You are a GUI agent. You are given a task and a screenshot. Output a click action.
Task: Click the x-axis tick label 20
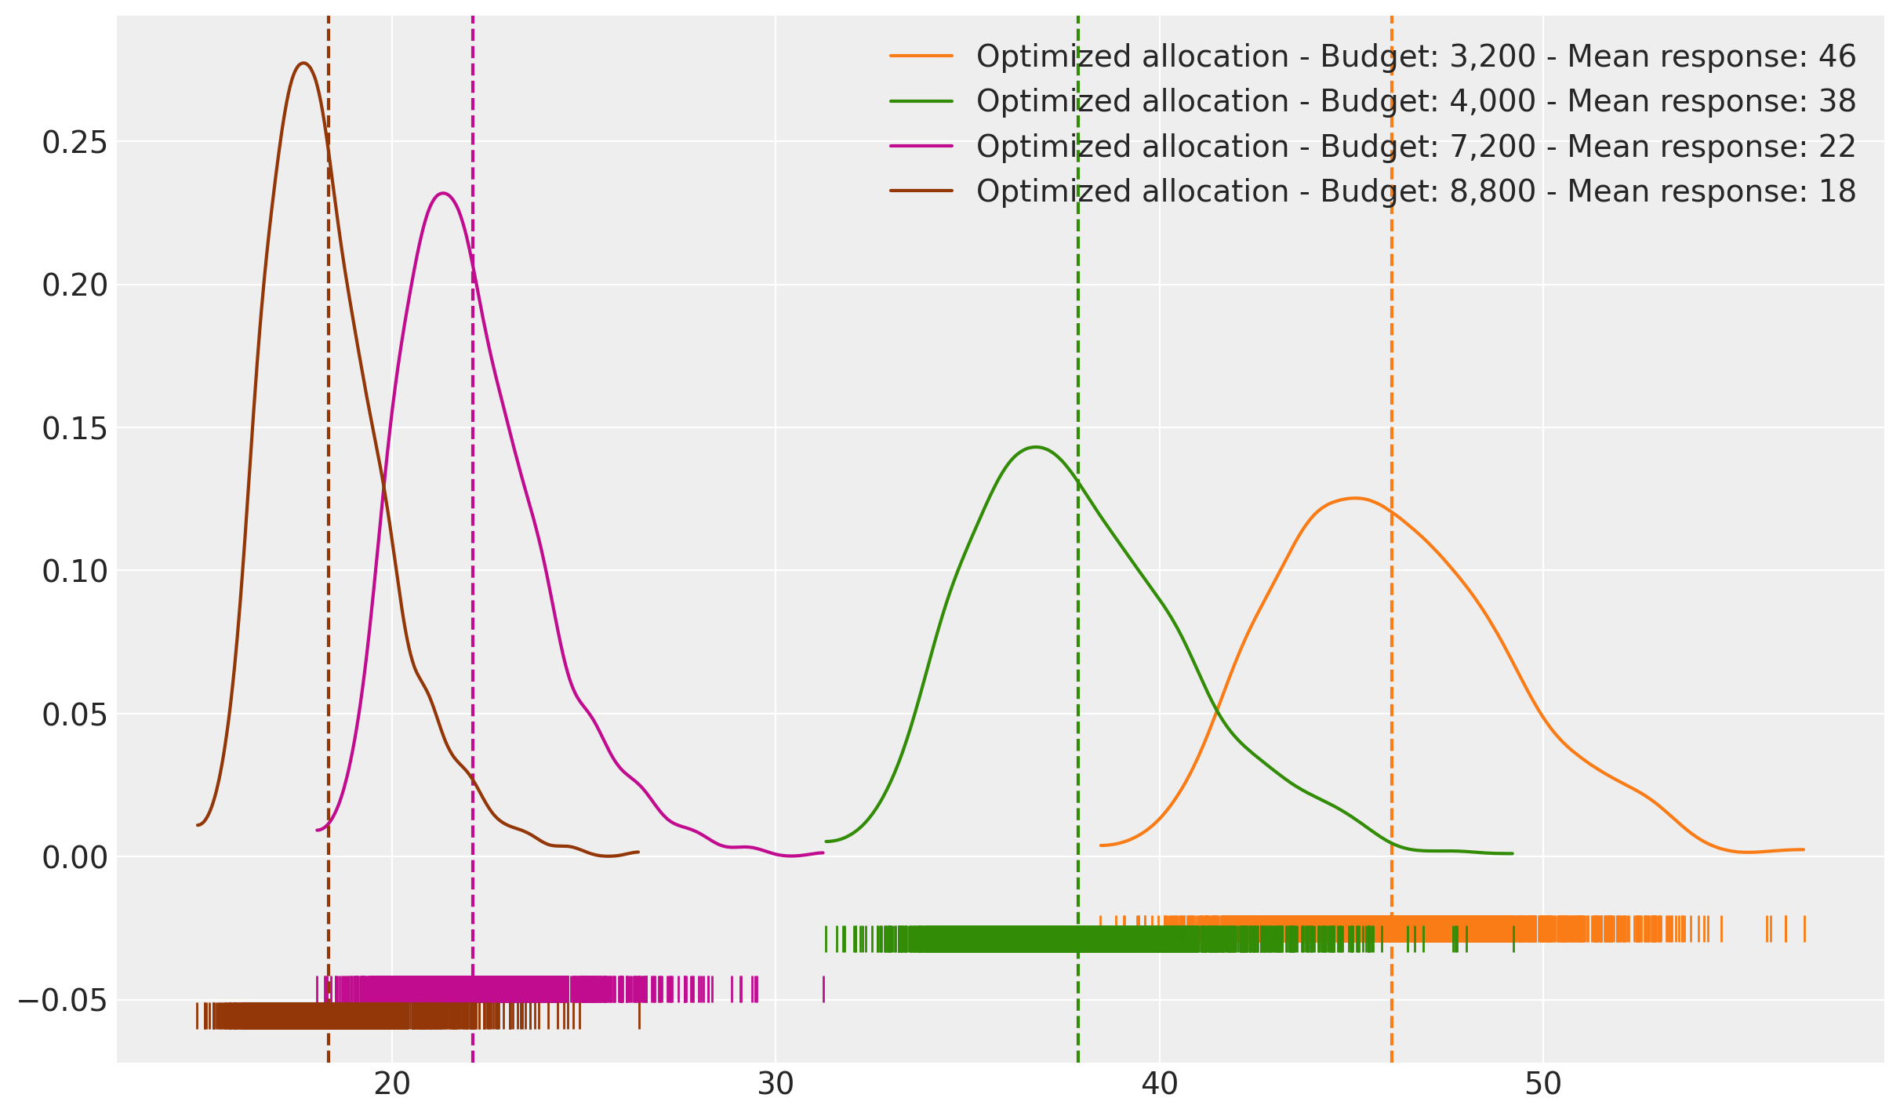[392, 1085]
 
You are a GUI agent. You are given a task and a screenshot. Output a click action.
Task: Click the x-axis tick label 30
[776, 1085]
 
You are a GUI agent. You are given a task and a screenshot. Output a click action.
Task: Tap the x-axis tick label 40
[1159, 1085]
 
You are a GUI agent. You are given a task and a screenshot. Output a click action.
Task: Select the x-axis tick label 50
[1542, 1085]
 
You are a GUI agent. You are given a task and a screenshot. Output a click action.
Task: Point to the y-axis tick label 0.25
[74, 143]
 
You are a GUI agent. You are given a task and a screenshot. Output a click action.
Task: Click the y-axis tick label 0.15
[74, 429]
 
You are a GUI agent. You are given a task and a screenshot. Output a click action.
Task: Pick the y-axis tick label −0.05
[63, 1001]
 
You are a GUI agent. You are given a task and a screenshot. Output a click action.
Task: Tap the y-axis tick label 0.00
[74, 858]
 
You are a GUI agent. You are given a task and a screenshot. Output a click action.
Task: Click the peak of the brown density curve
[303, 64]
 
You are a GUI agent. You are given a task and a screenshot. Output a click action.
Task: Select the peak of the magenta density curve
[443, 193]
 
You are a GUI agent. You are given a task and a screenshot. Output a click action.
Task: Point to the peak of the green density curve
[1036, 447]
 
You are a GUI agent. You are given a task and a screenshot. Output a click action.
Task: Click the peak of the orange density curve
[1354, 498]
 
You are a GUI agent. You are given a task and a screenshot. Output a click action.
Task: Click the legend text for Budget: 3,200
[1415, 56]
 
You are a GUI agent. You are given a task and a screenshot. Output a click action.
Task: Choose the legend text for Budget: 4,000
[1415, 101]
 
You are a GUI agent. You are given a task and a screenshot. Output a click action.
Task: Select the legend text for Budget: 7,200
[1415, 147]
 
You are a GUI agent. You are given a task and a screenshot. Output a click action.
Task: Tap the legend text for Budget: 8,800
[1415, 191]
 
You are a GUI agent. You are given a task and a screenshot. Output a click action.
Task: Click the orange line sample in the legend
[921, 56]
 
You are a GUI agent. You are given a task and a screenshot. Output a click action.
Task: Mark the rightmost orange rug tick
[1804, 929]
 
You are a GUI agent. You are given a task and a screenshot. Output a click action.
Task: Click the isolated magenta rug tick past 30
[823, 989]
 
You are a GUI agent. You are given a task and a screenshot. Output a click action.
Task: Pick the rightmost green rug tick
[1513, 940]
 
